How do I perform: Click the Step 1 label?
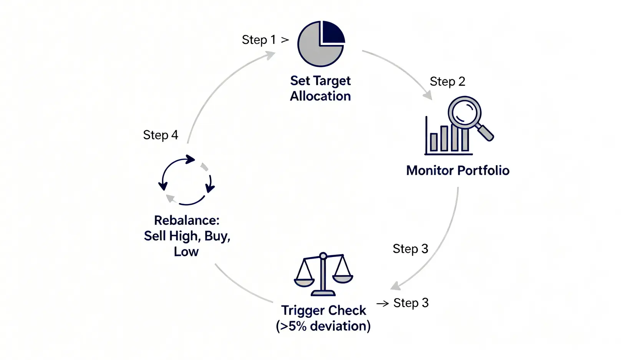259,40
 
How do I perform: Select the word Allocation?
320,96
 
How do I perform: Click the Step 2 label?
447,81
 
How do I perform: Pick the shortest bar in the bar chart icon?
434,142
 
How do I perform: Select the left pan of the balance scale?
304,282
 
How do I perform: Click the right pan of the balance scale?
342,278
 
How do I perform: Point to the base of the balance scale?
323,294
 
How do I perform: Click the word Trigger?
302,310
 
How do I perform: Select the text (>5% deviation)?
323,326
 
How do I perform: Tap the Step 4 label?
161,135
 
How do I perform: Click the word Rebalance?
187,220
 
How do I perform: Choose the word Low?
186,252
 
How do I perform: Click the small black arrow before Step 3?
383,304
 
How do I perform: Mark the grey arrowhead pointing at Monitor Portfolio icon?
428,95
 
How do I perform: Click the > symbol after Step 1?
285,40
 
